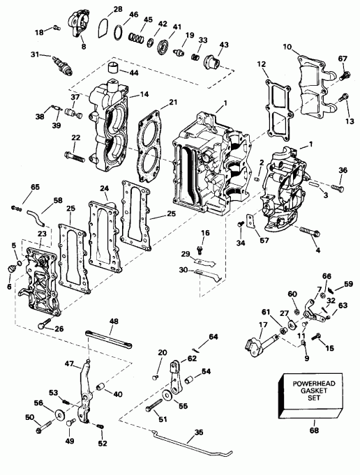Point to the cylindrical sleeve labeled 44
click(x=114, y=69)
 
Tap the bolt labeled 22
click(x=74, y=155)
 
